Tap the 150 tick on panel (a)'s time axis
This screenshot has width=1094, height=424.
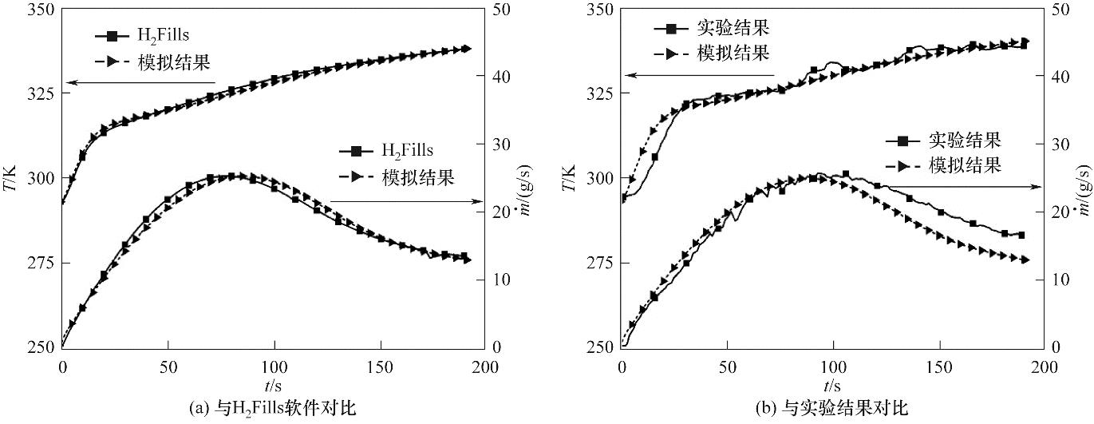pos(381,367)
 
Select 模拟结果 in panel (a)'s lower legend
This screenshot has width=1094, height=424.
pos(419,177)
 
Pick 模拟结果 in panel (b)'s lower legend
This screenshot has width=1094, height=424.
pos(964,166)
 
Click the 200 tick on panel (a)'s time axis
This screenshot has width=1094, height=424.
pos(485,367)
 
